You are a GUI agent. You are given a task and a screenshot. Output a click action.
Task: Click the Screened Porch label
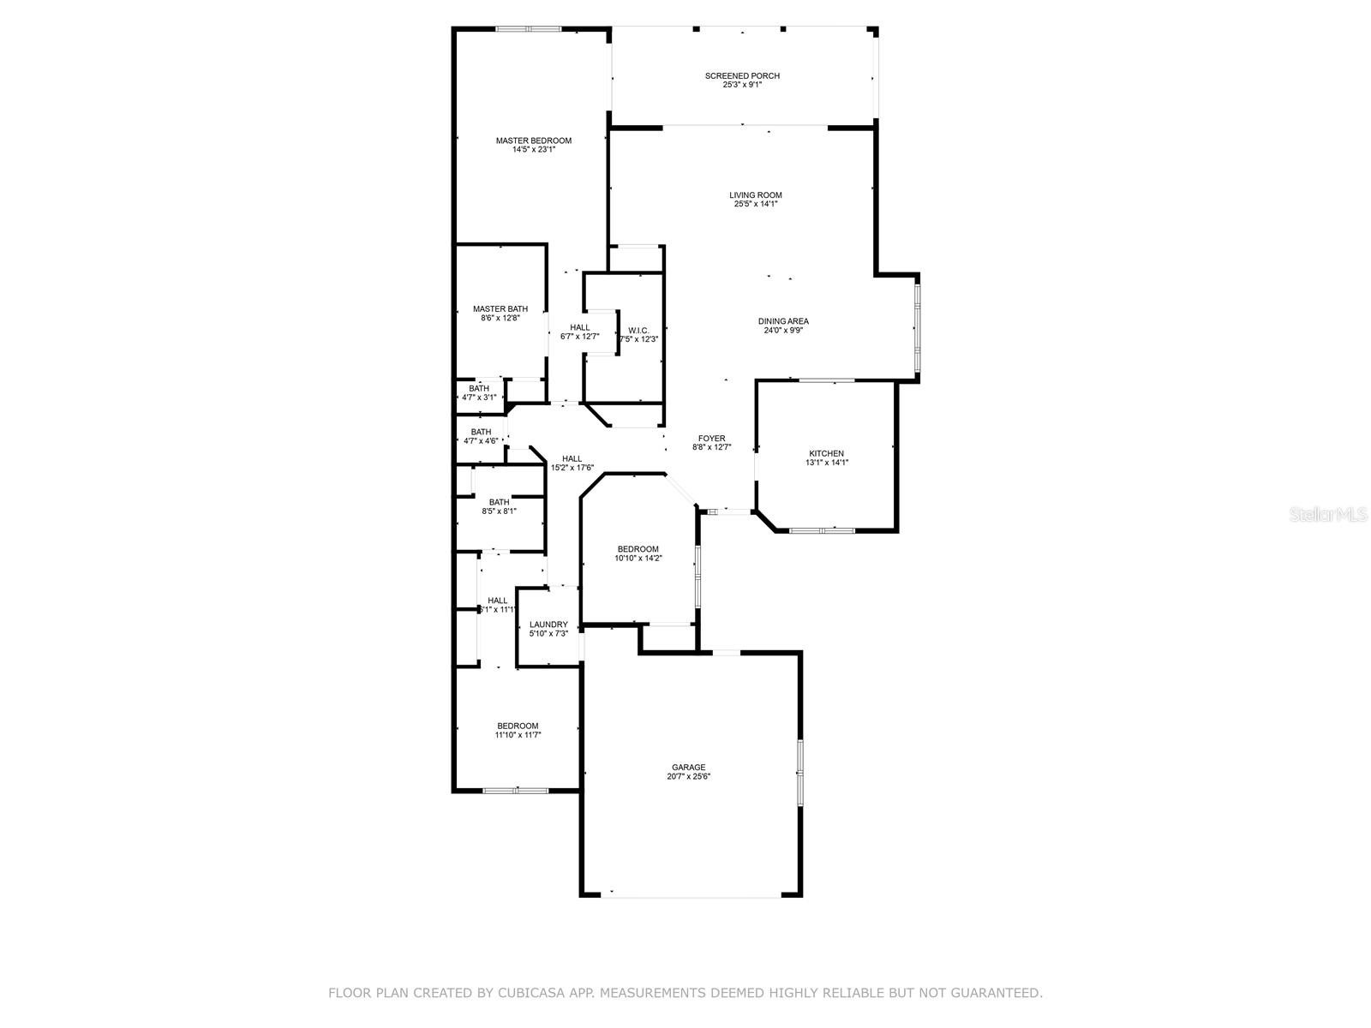click(742, 76)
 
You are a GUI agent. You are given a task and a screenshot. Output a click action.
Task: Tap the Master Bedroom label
click(534, 141)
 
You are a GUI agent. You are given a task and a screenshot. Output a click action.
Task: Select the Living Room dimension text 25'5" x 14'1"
click(755, 204)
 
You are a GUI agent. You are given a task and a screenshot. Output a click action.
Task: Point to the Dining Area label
click(783, 321)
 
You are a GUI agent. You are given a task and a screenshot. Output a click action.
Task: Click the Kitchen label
click(826, 454)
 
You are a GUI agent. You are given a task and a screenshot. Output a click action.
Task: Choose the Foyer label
click(711, 439)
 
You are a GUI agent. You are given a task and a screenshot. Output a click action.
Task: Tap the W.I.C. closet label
click(638, 331)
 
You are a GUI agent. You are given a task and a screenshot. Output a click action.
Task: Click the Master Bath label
click(500, 309)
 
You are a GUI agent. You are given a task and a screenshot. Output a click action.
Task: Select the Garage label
click(688, 768)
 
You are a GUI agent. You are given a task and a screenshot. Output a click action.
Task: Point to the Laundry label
click(548, 625)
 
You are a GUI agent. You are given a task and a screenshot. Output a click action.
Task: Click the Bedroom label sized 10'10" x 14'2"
click(638, 549)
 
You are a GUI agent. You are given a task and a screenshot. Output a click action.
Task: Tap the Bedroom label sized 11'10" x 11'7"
click(518, 726)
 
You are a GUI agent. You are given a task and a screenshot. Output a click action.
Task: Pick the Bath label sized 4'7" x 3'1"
click(479, 389)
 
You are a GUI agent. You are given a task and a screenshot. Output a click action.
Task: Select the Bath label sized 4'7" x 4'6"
click(481, 432)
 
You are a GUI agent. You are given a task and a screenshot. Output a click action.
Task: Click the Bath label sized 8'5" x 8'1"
click(499, 503)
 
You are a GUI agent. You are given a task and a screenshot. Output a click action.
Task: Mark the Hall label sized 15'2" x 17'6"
click(572, 459)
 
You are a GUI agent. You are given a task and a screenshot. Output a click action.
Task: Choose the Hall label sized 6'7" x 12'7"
click(579, 328)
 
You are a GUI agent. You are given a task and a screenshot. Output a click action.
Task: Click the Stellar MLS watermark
click(1328, 514)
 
